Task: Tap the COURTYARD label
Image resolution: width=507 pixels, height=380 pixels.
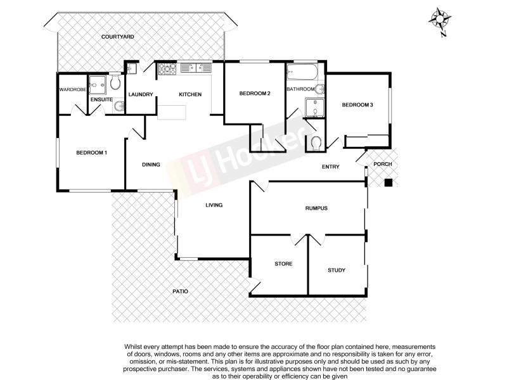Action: click(117, 37)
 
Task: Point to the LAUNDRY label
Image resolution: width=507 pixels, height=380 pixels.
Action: click(140, 95)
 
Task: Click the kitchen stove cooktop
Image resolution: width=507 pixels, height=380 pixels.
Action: click(167, 69)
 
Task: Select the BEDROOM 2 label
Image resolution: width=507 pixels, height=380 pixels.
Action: click(255, 94)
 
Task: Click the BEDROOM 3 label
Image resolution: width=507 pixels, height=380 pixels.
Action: click(357, 105)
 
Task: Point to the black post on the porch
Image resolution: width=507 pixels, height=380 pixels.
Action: click(388, 183)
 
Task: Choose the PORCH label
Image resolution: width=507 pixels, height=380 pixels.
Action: click(383, 164)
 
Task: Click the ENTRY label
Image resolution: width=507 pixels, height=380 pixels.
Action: click(331, 167)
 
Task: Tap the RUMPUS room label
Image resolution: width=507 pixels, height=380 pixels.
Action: click(316, 209)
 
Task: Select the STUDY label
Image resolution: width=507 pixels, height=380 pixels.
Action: click(337, 270)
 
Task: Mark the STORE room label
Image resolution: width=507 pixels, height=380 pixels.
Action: click(283, 263)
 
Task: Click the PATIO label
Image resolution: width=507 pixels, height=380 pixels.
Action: click(180, 291)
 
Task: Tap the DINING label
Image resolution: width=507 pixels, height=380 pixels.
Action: click(151, 165)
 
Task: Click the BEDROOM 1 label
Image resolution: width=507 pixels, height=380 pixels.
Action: click(92, 153)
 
